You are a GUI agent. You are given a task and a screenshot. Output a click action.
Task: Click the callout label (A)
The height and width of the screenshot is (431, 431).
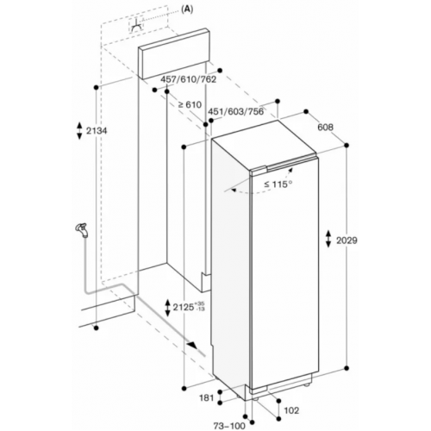pyautogui.click(x=187, y=9)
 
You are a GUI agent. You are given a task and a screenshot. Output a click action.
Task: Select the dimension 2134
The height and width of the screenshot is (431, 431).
pyautogui.click(x=97, y=131)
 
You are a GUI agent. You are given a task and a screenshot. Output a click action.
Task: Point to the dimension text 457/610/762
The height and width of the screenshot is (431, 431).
pyautogui.click(x=188, y=79)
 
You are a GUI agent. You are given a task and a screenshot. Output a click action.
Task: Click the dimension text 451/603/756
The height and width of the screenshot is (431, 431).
pyautogui.click(x=235, y=111)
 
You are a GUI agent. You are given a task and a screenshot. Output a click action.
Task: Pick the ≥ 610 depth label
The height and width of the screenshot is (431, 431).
pyautogui.click(x=190, y=104)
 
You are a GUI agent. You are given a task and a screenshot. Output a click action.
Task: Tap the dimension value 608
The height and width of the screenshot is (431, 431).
pyautogui.click(x=326, y=127)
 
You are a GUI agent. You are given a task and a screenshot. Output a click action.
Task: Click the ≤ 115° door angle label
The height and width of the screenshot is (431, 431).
pyautogui.click(x=278, y=184)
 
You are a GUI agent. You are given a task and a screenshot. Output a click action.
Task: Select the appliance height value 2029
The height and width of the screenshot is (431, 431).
pyautogui.click(x=347, y=240)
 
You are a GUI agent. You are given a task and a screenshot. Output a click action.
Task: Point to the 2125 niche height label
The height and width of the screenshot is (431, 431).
pyautogui.click(x=184, y=307)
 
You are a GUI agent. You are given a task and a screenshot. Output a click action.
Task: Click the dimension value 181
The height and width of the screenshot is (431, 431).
pyautogui.click(x=207, y=398)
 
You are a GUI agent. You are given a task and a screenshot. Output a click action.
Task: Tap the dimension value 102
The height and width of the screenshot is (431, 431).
pyautogui.click(x=291, y=410)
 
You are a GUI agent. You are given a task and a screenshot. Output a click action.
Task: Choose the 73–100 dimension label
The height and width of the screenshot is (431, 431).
pyautogui.click(x=229, y=426)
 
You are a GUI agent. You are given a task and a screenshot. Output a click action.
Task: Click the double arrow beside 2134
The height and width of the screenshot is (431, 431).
pyautogui.click(x=79, y=131)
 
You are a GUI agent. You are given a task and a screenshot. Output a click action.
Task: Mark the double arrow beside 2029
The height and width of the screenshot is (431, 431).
pyautogui.click(x=328, y=238)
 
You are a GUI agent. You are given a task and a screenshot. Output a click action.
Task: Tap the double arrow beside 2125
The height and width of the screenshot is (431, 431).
pyautogui.click(x=167, y=308)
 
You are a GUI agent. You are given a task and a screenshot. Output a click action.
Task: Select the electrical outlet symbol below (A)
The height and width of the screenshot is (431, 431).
pyautogui.click(x=137, y=26)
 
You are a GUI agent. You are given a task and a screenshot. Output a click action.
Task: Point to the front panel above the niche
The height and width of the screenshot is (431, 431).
pyautogui.click(x=173, y=53)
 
